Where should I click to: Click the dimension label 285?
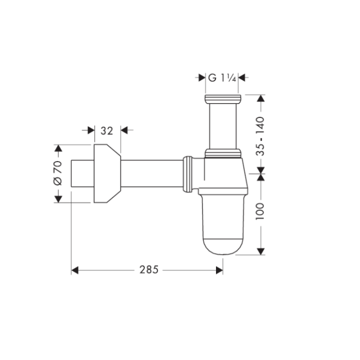pyautogui.click(x=148, y=270)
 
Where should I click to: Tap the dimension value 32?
pyautogui.click(x=106, y=130)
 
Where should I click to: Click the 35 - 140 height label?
pyautogui.click(x=260, y=136)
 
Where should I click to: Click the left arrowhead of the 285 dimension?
pyautogui.click(x=75, y=270)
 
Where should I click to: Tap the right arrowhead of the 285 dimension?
pyautogui.click(x=219, y=270)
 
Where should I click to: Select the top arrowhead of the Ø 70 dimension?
pyautogui.click(x=58, y=148)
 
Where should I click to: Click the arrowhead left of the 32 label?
pyautogui.click(x=91, y=130)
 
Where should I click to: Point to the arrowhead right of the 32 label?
pyautogui.click(x=124, y=130)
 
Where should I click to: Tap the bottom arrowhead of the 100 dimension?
pyautogui.click(x=260, y=250)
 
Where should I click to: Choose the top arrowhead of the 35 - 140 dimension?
pyautogui.click(x=260, y=98)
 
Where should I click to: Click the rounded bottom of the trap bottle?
pyautogui.click(x=223, y=245)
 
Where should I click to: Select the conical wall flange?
pyautogui.click(x=106, y=173)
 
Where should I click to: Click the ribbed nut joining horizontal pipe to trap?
pyautogui.click(x=188, y=173)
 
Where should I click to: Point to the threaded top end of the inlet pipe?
pyautogui.click(x=223, y=98)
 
